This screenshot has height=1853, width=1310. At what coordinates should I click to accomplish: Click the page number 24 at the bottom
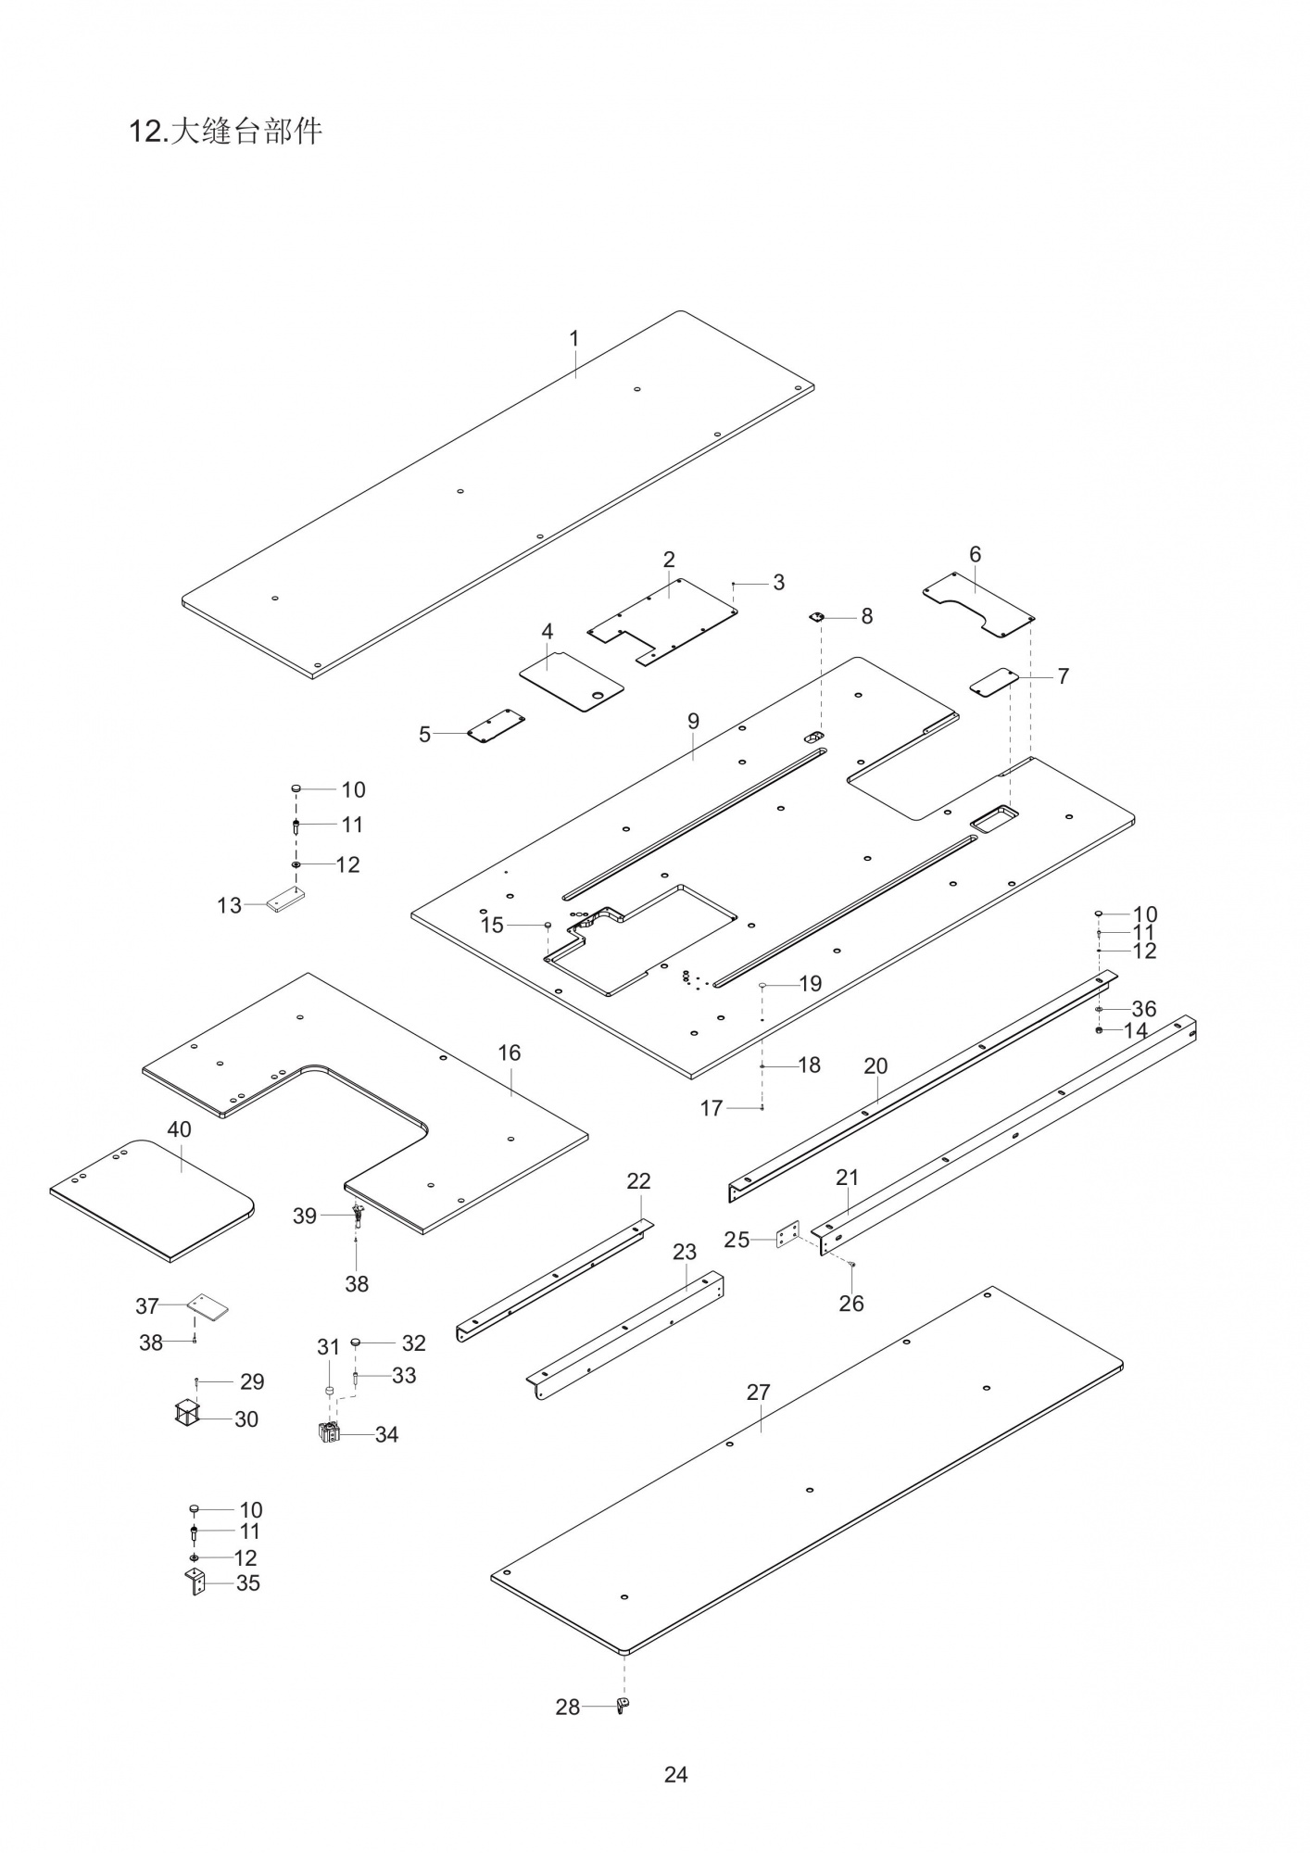[x=675, y=1774]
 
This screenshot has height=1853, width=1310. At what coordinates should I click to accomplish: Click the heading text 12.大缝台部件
[x=225, y=132]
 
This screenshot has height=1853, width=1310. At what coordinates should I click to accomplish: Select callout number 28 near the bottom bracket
[x=567, y=1707]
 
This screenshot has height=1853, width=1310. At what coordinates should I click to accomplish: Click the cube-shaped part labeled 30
[x=187, y=1415]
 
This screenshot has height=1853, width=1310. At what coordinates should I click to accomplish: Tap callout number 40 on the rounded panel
[x=179, y=1129]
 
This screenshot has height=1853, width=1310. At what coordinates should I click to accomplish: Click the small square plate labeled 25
[x=788, y=1234]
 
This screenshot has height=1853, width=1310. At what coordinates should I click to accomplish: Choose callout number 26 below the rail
[x=850, y=1303]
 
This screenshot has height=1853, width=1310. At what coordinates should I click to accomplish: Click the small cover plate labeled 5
[x=496, y=725]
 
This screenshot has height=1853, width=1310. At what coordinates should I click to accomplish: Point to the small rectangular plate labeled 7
[x=993, y=682]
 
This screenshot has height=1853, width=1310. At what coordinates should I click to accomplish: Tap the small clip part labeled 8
[x=818, y=617]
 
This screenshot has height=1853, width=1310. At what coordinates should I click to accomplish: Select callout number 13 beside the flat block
[x=229, y=905]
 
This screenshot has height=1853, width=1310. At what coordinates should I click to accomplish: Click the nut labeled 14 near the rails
[x=1099, y=1030]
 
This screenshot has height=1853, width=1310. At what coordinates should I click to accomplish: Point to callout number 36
[x=1143, y=1009]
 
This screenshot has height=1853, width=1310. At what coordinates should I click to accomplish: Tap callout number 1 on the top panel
[x=573, y=338]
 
